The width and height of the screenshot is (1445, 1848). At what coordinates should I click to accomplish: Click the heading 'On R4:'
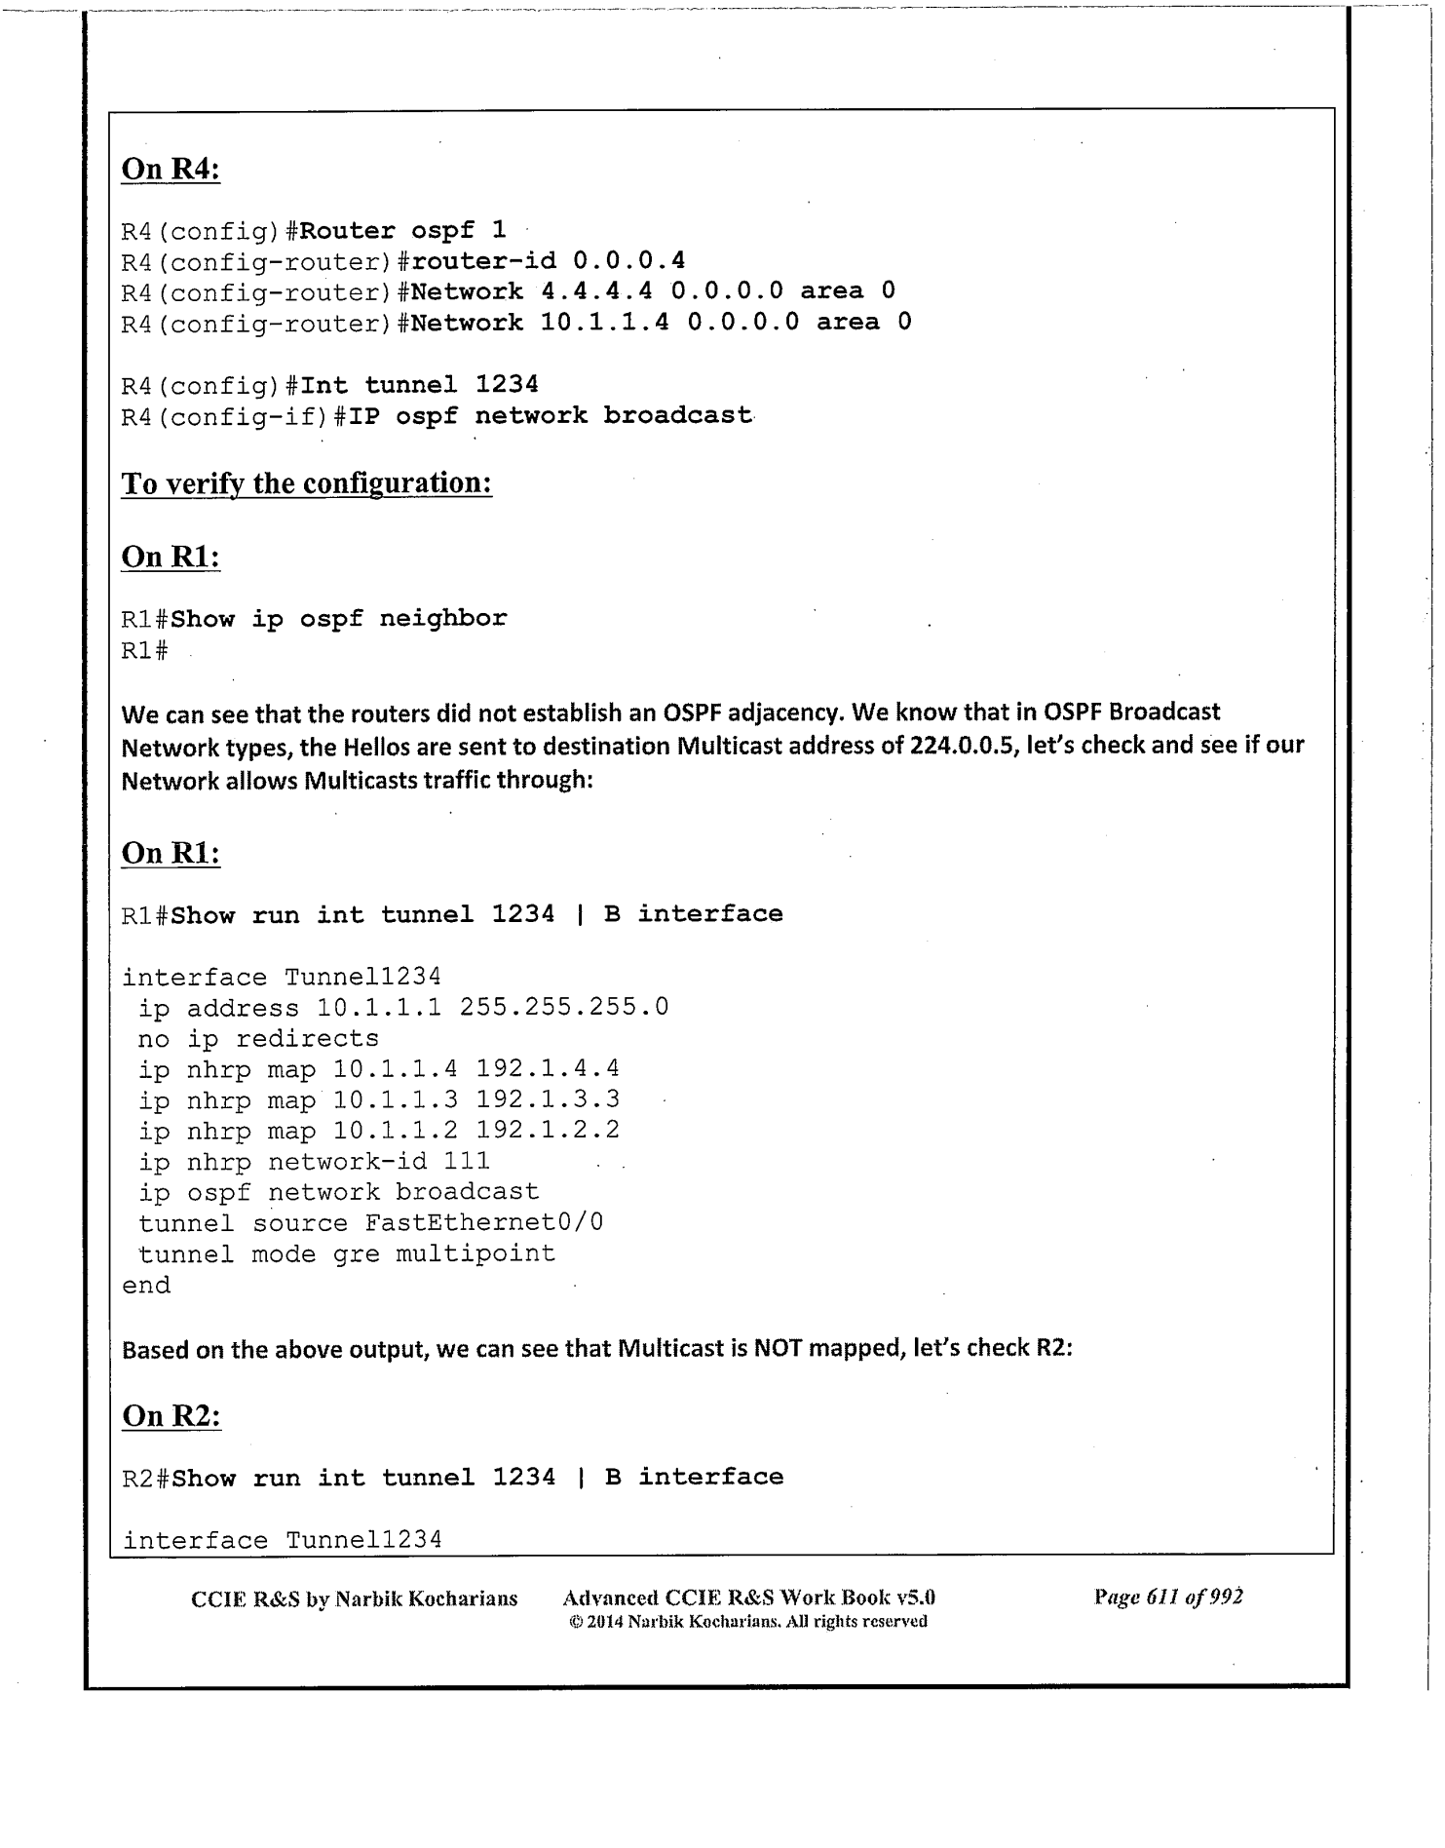171,169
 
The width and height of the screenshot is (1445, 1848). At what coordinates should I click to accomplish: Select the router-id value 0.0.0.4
628,260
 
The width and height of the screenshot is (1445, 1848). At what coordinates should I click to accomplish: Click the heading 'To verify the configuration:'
306,483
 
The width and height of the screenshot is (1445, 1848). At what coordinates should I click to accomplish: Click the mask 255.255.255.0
563,1007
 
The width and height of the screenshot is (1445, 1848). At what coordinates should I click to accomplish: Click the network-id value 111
467,1162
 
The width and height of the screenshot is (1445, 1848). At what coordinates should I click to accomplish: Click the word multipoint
475,1253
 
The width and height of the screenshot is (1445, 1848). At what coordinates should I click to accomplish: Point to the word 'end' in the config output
146,1286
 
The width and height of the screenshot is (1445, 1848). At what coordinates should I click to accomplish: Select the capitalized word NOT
779,1349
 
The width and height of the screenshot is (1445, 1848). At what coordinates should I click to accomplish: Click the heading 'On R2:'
171,1415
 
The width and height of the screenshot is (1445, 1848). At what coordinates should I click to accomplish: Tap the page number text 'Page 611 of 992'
1168,1598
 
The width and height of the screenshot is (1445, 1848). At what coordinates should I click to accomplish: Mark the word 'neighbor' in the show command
442,619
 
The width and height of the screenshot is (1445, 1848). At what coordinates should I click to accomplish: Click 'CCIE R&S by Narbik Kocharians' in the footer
355,1598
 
